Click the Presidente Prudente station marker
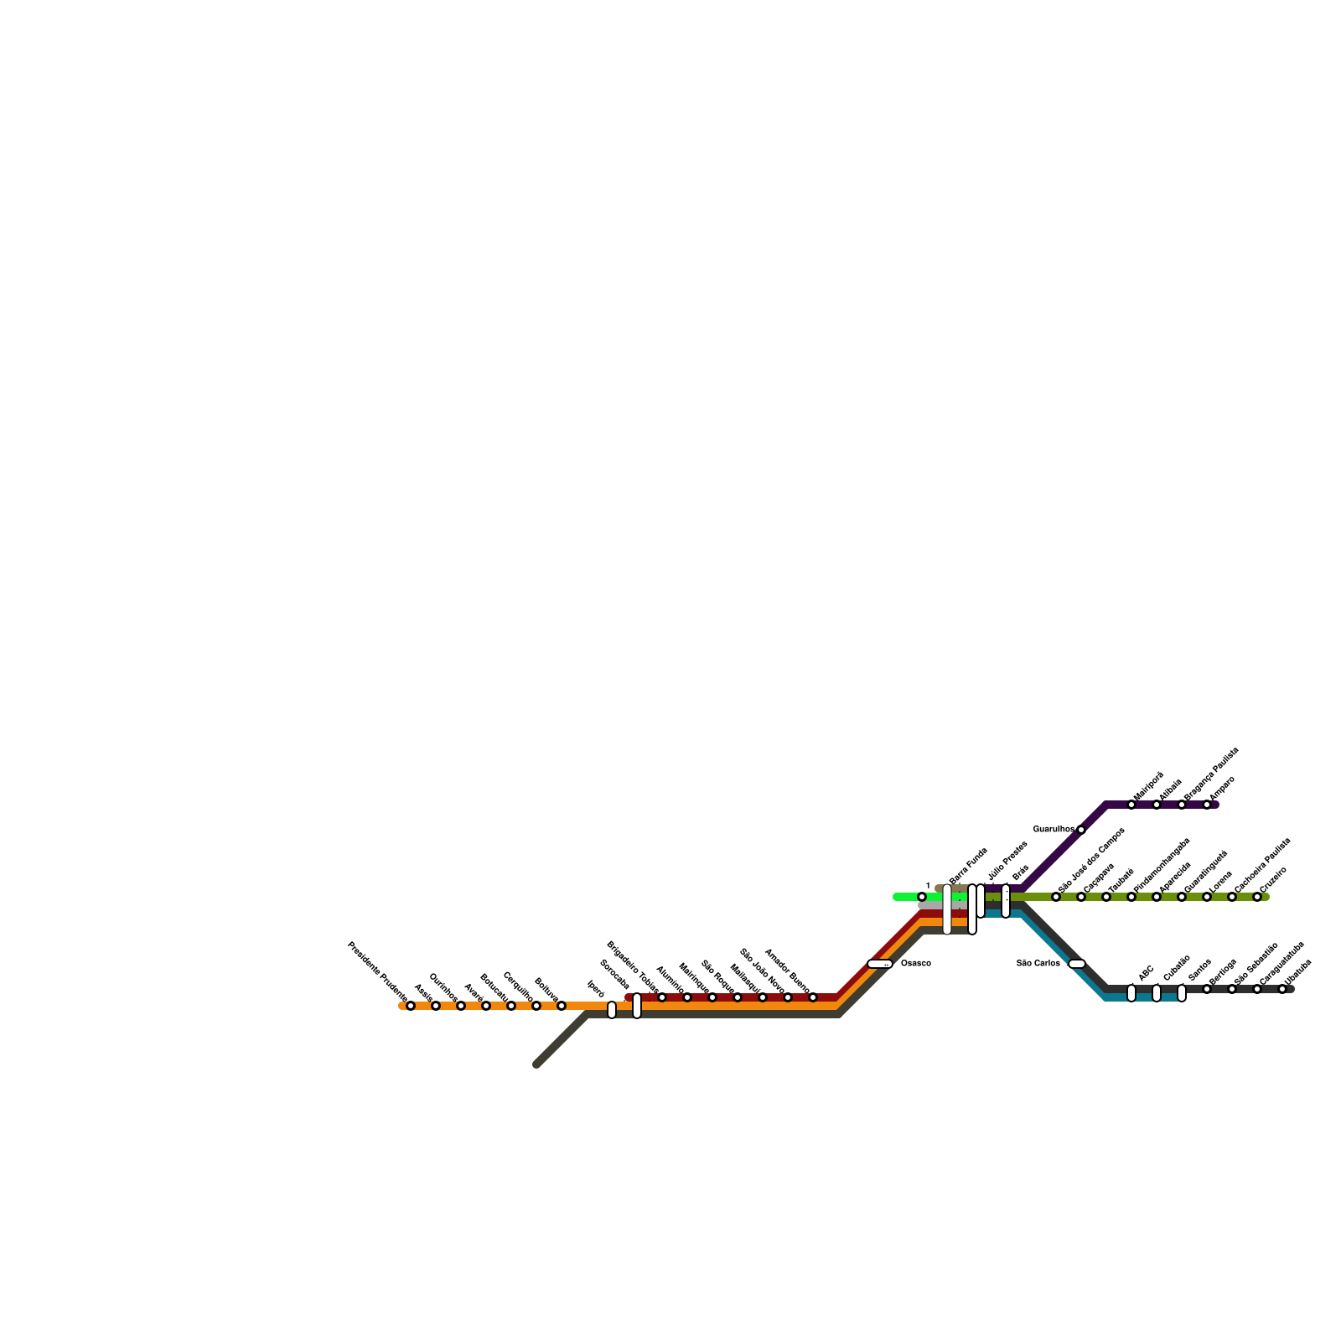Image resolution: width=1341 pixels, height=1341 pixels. (x=410, y=1006)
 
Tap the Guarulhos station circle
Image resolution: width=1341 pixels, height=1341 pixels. (x=1081, y=830)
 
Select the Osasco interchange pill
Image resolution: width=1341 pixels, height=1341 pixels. (x=879, y=964)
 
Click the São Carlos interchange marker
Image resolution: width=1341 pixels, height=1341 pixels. (x=1077, y=964)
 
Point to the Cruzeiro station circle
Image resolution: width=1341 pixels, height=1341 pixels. (x=1257, y=897)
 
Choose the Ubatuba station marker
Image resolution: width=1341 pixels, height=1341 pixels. (x=1282, y=989)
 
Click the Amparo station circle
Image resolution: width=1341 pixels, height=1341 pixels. (x=1207, y=805)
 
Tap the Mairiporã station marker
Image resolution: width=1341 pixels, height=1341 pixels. (x=1131, y=805)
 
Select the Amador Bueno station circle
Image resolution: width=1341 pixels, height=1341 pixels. (x=813, y=997)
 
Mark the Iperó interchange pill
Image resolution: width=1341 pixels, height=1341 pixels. (x=612, y=1010)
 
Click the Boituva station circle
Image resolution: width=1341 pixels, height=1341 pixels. (x=562, y=1006)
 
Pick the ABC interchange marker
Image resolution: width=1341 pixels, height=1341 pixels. (x=1131, y=993)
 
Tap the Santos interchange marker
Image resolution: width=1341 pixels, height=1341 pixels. (x=1182, y=993)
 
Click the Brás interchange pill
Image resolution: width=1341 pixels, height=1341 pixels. (x=1006, y=901)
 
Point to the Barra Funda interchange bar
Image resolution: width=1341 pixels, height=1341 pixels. (x=947, y=909)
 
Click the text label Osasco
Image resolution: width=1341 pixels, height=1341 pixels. (x=915, y=964)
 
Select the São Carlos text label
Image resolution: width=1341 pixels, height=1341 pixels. (x=1038, y=964)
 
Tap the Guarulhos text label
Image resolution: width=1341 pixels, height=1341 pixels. (x=1053, y=830)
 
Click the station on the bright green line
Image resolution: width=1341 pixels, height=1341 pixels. (x=922, y=897)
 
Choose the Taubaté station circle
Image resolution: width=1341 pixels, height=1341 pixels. (x=1106, y=897)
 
